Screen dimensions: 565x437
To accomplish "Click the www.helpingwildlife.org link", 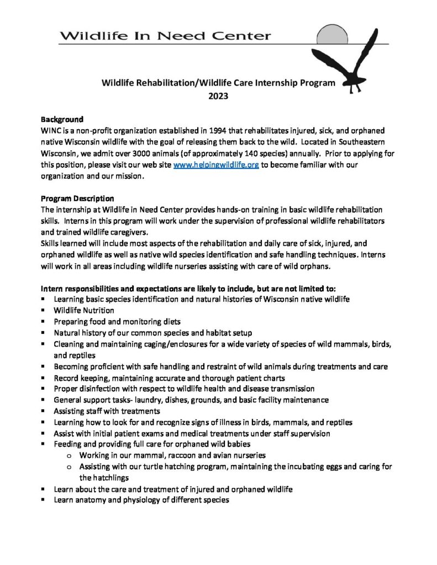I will (x=216, y=166).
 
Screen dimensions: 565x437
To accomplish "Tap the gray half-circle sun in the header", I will (x=331, y=34).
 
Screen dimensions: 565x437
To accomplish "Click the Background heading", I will (x=62, y=119).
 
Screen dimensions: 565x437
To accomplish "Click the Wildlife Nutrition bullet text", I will (x=84, y=310).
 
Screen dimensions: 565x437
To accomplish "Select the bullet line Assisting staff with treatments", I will (x=107, y=411).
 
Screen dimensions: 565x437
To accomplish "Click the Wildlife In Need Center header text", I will (x=166, y=36).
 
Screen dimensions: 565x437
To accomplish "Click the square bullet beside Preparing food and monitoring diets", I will (x=43, y=322).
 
